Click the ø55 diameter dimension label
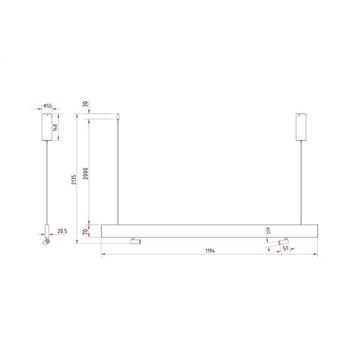48,107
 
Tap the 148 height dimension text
56,128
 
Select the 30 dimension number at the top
85,105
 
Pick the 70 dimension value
87,232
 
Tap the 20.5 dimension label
62,232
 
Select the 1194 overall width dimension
210,251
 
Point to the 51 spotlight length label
286,249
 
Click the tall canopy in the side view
47,127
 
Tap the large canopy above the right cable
301,127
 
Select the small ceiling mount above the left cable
117,116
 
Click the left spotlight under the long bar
135,241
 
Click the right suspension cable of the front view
301,183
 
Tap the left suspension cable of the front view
117,171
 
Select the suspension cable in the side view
47,183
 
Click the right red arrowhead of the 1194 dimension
315,255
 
